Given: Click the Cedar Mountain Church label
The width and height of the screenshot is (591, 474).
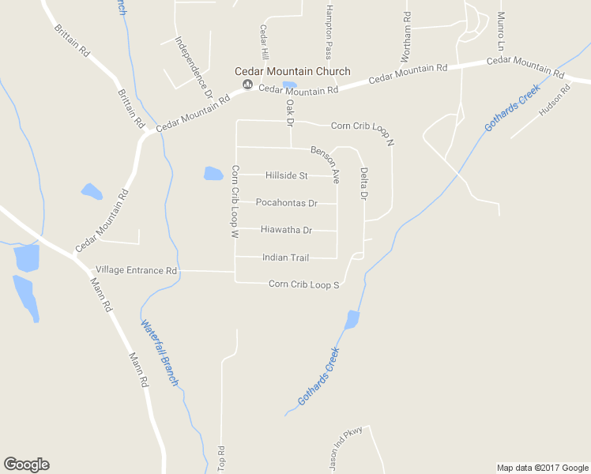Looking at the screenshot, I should coord(292,72).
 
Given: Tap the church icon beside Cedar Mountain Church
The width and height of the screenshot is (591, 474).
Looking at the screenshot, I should coord(247,85).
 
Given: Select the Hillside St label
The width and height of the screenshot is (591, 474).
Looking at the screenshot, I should coord(286,175).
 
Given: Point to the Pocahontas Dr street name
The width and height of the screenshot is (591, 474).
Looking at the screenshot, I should coord(286,203).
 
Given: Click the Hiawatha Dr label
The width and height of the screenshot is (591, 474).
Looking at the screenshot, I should coord(286,231).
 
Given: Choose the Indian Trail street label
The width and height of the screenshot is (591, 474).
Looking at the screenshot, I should coord(285,258).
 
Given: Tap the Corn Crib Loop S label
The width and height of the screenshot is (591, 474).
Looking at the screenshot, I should coord(303,284).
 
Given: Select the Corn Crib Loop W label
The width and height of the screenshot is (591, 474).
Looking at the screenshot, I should coord(235,202).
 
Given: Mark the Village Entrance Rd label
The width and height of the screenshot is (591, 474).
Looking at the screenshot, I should coord(136,270).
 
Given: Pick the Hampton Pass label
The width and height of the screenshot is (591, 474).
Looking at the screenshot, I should coord(329,32).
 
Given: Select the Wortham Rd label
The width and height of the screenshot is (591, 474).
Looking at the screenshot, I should coord(406,37).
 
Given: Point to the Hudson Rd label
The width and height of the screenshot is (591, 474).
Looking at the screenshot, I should coord(554,101).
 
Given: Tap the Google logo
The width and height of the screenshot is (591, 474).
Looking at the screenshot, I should coord(26,465).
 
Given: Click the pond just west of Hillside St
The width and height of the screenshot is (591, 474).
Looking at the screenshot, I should coord(213,174).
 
